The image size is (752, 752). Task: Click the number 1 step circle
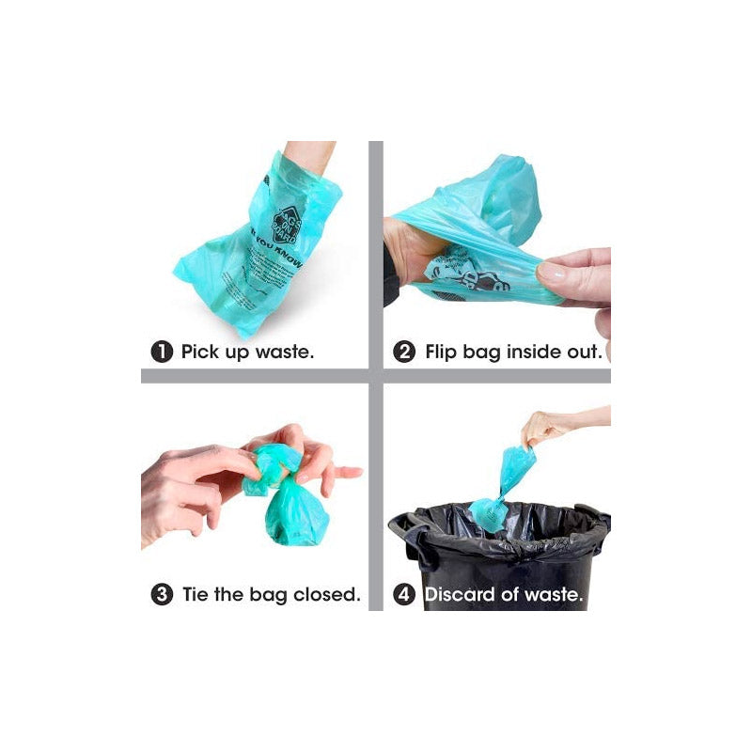click(162, 352)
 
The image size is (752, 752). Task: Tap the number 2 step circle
click(404, 352)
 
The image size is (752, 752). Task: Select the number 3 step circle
click(162, 595)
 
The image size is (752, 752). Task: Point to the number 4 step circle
click(404, 595)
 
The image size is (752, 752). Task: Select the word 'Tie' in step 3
click(195, 595)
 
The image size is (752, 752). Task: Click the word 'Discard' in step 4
click(462, 595)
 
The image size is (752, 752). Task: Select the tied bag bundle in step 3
click(282, 498)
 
